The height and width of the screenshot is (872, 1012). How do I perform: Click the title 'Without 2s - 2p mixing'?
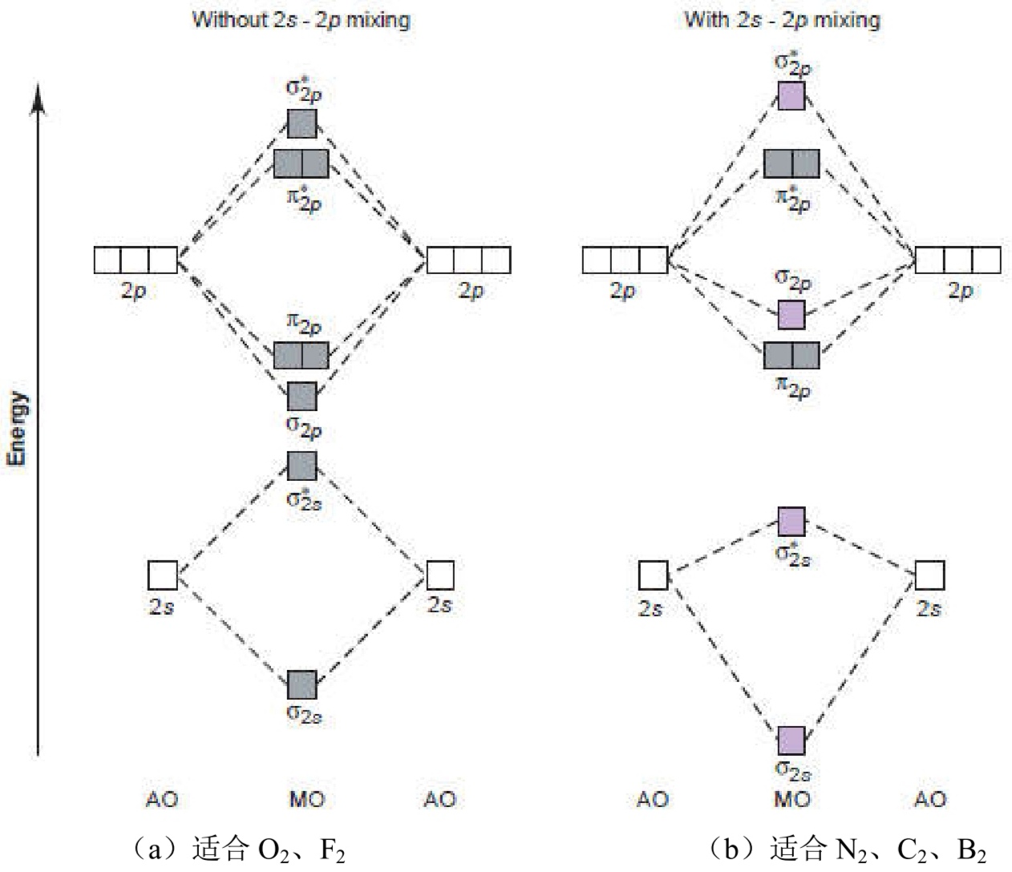click(301, 18)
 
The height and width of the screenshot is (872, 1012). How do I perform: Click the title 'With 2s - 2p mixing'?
click(781, 18)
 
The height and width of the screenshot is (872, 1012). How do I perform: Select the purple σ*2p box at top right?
click(791, 96)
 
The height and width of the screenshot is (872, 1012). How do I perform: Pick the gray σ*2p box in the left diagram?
click(302, 123)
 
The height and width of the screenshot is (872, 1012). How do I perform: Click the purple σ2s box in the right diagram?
click(791, 741)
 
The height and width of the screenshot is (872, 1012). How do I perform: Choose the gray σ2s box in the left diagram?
click(302, 684)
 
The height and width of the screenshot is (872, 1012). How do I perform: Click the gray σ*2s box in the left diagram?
click(302, 466)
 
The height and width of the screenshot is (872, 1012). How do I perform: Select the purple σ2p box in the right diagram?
click(791, 315)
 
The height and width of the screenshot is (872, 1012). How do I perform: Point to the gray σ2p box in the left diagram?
click(302, 396)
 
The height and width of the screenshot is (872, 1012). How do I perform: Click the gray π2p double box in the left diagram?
click(302, 355)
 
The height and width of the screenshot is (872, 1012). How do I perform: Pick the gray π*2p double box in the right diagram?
click(791, 163)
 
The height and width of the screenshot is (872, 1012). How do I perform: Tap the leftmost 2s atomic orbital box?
click(162, 575)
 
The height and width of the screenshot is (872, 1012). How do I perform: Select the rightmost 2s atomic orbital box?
click(929, 575)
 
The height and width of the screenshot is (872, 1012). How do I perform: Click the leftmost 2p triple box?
click(135, 260)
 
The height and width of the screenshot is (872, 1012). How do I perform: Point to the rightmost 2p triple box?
click(958, 260)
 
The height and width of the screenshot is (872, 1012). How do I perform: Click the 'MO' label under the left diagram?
click(306, 799)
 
